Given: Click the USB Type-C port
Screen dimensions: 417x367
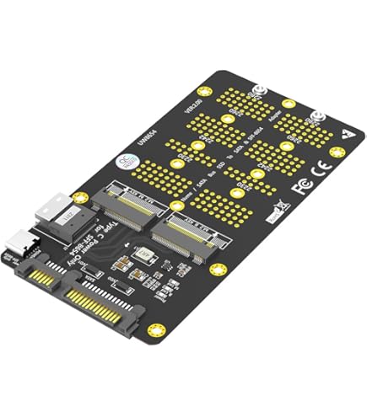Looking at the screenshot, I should tap(24, 244).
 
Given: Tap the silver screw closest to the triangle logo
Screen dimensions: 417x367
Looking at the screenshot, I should tap(318, 117).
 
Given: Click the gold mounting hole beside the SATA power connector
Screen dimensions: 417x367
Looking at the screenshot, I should tap(153, 329).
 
